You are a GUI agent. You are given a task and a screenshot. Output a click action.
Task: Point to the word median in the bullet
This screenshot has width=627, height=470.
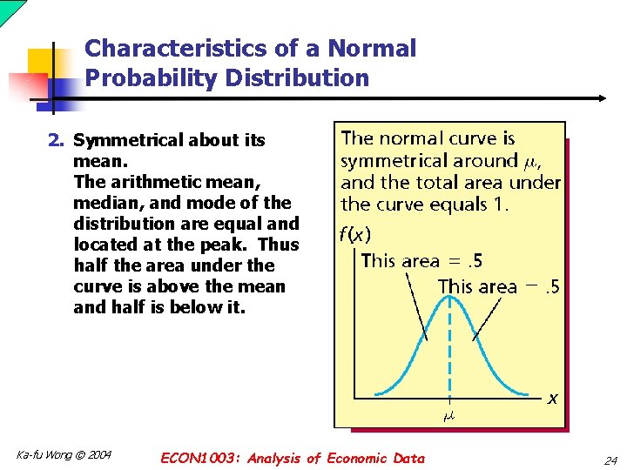[x=107, y=203]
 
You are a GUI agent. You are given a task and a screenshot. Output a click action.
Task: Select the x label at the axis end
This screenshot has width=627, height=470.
[x=552, y=399]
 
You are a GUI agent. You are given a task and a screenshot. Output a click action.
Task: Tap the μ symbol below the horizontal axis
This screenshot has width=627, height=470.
[x=449, y=416]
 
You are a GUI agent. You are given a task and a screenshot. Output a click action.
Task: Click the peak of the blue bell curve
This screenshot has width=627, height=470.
[x=449, y=297]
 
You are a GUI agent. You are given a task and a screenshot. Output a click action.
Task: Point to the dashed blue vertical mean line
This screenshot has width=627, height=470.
[x=449, y=348]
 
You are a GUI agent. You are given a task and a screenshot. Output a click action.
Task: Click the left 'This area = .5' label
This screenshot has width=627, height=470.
[x=421, y=260]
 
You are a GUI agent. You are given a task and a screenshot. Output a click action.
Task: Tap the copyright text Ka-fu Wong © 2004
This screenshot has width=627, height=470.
[x=64, y=455]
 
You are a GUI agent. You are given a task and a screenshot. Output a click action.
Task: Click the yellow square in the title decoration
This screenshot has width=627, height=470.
[x=43, y=65]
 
